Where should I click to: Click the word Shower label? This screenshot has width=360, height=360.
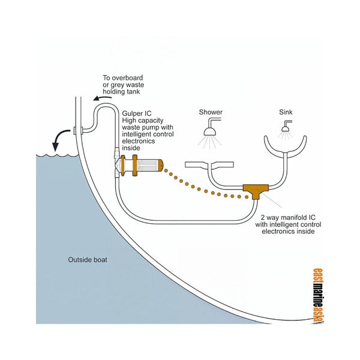click(211, 112)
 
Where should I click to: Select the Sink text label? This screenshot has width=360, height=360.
click(286, 112)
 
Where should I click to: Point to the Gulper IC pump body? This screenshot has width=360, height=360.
click(148, 163)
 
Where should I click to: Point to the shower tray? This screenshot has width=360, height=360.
click(206, 163)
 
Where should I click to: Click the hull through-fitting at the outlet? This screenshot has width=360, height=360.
click(74, 130)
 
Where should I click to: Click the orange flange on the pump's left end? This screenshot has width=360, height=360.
click(122, 164)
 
